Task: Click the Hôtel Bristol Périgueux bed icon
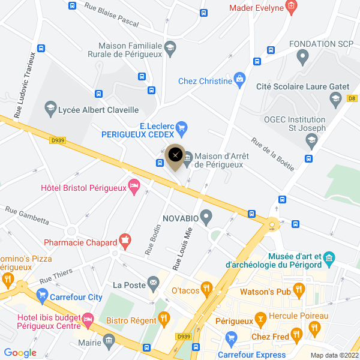134,187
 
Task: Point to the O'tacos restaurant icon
206,290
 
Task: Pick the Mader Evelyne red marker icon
291,7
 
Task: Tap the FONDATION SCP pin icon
302,58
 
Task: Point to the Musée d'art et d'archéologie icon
329,259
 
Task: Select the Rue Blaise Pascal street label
112,16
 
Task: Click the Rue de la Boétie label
273,154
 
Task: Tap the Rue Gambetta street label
27,215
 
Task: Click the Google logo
20,353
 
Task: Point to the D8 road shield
352,98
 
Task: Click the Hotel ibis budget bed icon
88,319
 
